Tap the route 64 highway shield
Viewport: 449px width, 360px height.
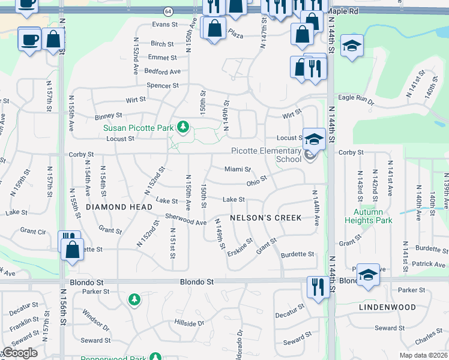tap(168, 11)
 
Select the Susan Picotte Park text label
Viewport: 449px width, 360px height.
tap(138, 127)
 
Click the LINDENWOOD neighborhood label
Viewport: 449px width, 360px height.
tap(387, 307)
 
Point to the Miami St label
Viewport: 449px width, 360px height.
tap(237, 170)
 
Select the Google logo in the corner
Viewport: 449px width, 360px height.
tap(20, 353)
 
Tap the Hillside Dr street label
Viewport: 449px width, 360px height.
tap(189, 323)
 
